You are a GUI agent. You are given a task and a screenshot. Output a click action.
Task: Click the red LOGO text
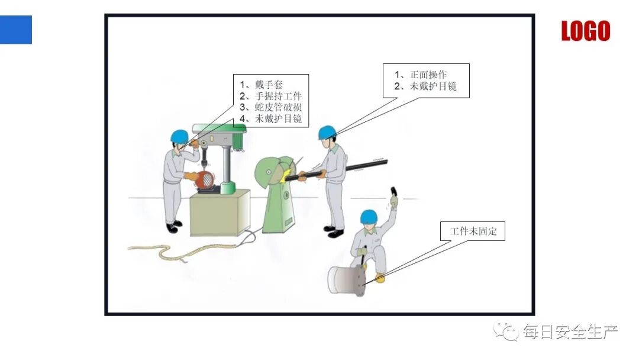click(x=585, y=31)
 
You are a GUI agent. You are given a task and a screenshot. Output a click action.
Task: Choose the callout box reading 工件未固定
click(x=473, y=232)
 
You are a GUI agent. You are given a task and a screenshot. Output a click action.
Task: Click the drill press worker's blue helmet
click(x=179, y=136)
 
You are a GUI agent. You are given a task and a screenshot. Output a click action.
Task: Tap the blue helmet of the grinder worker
click(x=327, y=132)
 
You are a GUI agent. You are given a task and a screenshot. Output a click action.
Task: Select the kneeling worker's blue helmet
click(x=369, y=216)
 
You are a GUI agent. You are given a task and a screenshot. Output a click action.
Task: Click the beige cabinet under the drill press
click(x=220, y=213)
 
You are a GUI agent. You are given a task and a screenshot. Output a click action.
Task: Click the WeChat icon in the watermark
click(x=507, y=332)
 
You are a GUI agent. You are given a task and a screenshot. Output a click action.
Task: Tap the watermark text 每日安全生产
click(x=570, y=332)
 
